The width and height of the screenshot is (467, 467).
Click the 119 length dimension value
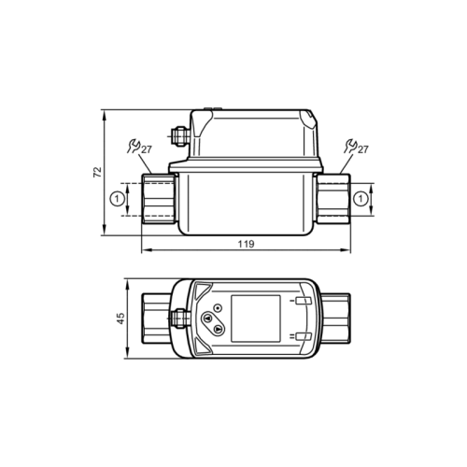coord(245,244)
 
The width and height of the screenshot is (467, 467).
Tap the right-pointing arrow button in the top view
coord(217,328)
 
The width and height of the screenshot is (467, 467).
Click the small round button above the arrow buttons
coord(217,307)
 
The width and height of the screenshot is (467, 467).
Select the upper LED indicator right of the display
coord(301,302)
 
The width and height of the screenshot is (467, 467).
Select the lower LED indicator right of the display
coord(301,336)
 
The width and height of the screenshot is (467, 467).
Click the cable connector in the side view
coord(179,138)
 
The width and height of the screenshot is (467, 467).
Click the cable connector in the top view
coord(180,318)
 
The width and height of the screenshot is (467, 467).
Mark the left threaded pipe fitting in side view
coord(159,198)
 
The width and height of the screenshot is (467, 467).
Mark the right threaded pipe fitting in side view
coord(333,198)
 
